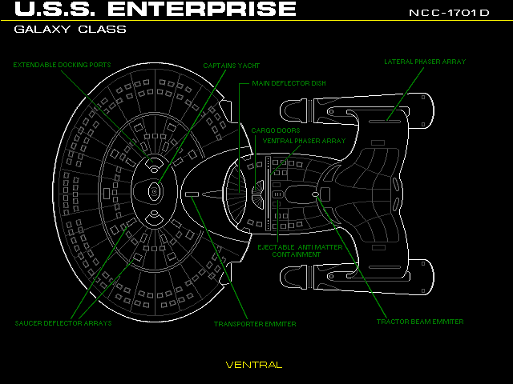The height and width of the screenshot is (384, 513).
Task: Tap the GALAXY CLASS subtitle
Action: coord(70,30)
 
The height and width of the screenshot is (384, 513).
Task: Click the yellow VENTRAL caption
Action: coord(253,365)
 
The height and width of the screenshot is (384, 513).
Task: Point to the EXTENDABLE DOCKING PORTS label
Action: coord(62,65)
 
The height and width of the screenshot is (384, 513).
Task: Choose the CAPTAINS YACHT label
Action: coord(231,66)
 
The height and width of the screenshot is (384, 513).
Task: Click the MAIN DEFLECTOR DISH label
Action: coord(289,82)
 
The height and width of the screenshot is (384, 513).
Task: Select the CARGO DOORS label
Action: coord(276,130)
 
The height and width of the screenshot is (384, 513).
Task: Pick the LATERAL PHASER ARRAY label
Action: coord(425,62)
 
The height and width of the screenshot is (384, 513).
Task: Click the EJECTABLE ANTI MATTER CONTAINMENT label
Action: coord(300,250)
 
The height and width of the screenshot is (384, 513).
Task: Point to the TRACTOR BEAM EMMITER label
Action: coord(420,322)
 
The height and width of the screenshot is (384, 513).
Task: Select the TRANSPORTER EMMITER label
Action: coord(255,324)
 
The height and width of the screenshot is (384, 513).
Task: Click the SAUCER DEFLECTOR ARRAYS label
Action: coord(63,324)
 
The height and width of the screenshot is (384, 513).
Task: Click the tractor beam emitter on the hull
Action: coord(315,194)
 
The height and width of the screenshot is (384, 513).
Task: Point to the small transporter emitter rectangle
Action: coord(192,194)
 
